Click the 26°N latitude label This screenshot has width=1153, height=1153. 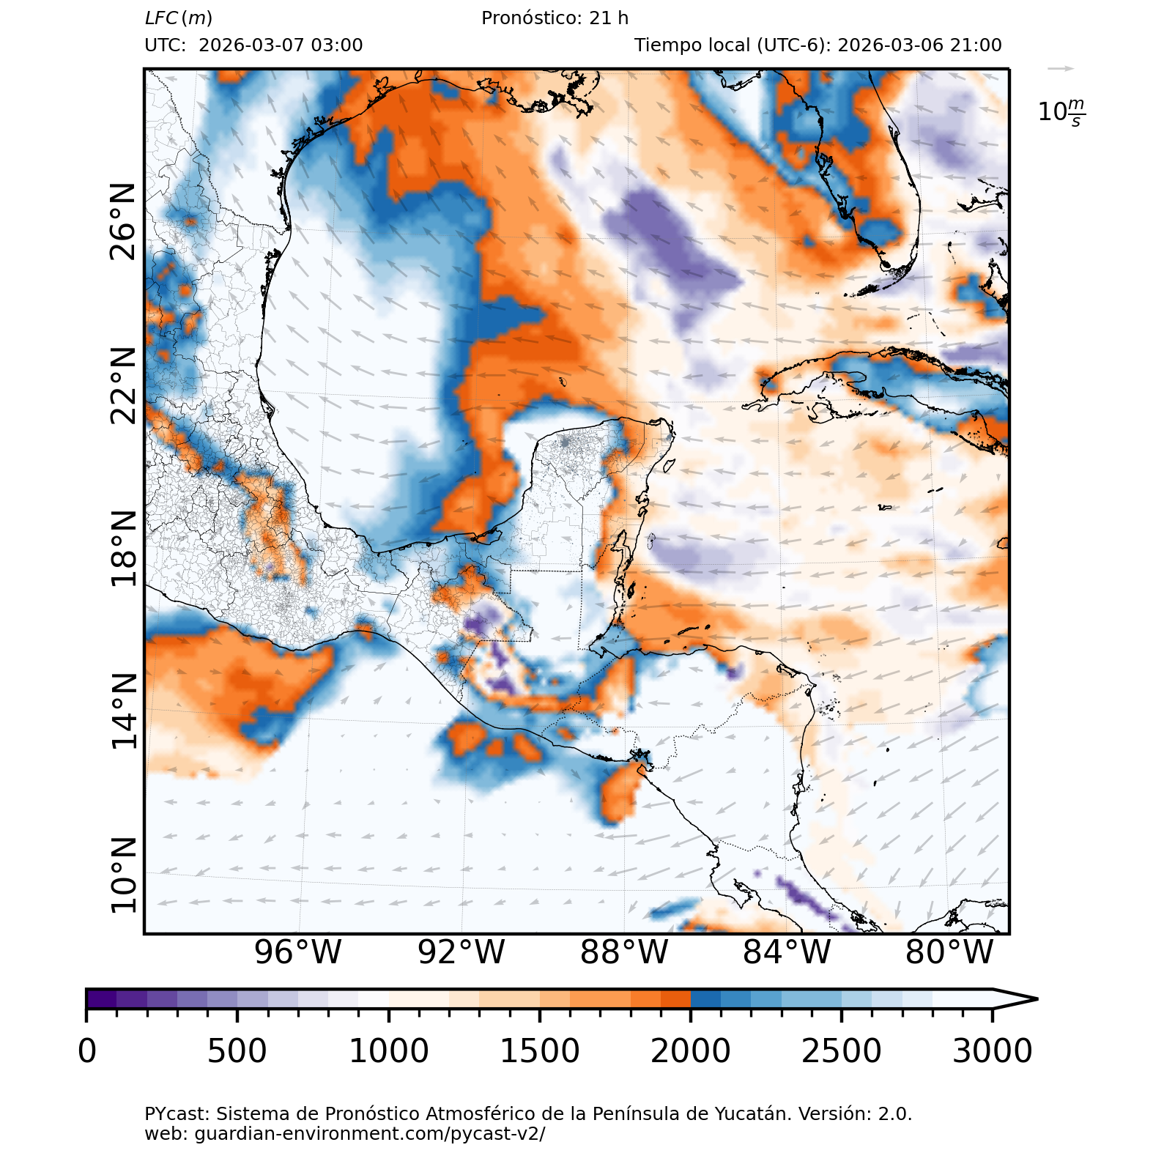tap(123, 222)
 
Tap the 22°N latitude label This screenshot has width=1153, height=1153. tap(123, 386)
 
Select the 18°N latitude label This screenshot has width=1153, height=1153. tap(123, 549)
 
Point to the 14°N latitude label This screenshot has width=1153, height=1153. tap(123, 711)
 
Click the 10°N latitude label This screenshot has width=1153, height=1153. tap(123, 875)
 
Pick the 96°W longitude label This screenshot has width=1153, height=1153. tap(297, 952)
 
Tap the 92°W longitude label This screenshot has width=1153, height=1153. tap(461, 952)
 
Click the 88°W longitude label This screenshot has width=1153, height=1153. tap(624, 952)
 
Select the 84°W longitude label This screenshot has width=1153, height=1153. tap(787, 952)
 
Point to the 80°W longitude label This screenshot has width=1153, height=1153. tap(949, 952)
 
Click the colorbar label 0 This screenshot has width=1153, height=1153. tap(87, 1051)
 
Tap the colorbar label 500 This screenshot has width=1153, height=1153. tap(237, 1051)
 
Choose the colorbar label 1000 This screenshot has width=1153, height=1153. tap(388, 1051)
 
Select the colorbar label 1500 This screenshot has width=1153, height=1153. tap(539, 1051)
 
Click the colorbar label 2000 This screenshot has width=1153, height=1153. tap(690, 1051)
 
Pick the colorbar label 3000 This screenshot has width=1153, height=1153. tap(992, 1051)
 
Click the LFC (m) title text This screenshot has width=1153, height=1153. tap(179, 18)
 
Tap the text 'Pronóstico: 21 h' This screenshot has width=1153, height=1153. tap(555, 18)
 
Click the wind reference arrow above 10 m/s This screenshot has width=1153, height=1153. tap(1061, 69)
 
